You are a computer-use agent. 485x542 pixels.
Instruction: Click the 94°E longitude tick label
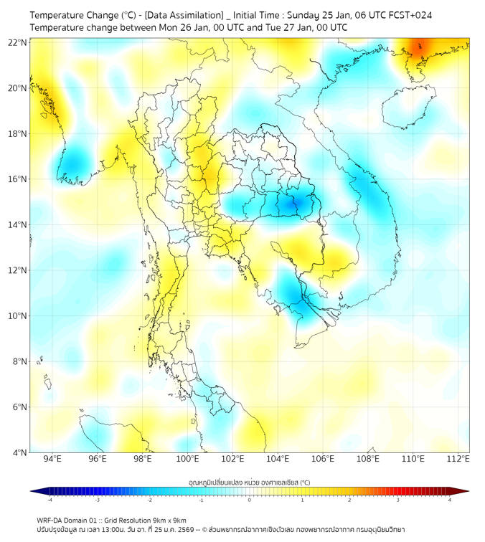(x=52, y=459)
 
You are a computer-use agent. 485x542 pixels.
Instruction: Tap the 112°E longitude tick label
(x=458, y=459)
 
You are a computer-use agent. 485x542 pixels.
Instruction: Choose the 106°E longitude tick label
(x=323, y=459)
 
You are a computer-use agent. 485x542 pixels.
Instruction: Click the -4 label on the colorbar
(x=50, y=500)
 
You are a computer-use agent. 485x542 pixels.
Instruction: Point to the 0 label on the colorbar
(x=250, y=500)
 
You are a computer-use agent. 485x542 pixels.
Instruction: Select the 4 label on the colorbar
(x=449, y=500)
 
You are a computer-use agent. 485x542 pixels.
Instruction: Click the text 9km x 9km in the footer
(x=165, y=520)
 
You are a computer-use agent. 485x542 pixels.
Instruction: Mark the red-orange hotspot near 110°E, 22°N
(x=422, y=48)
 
